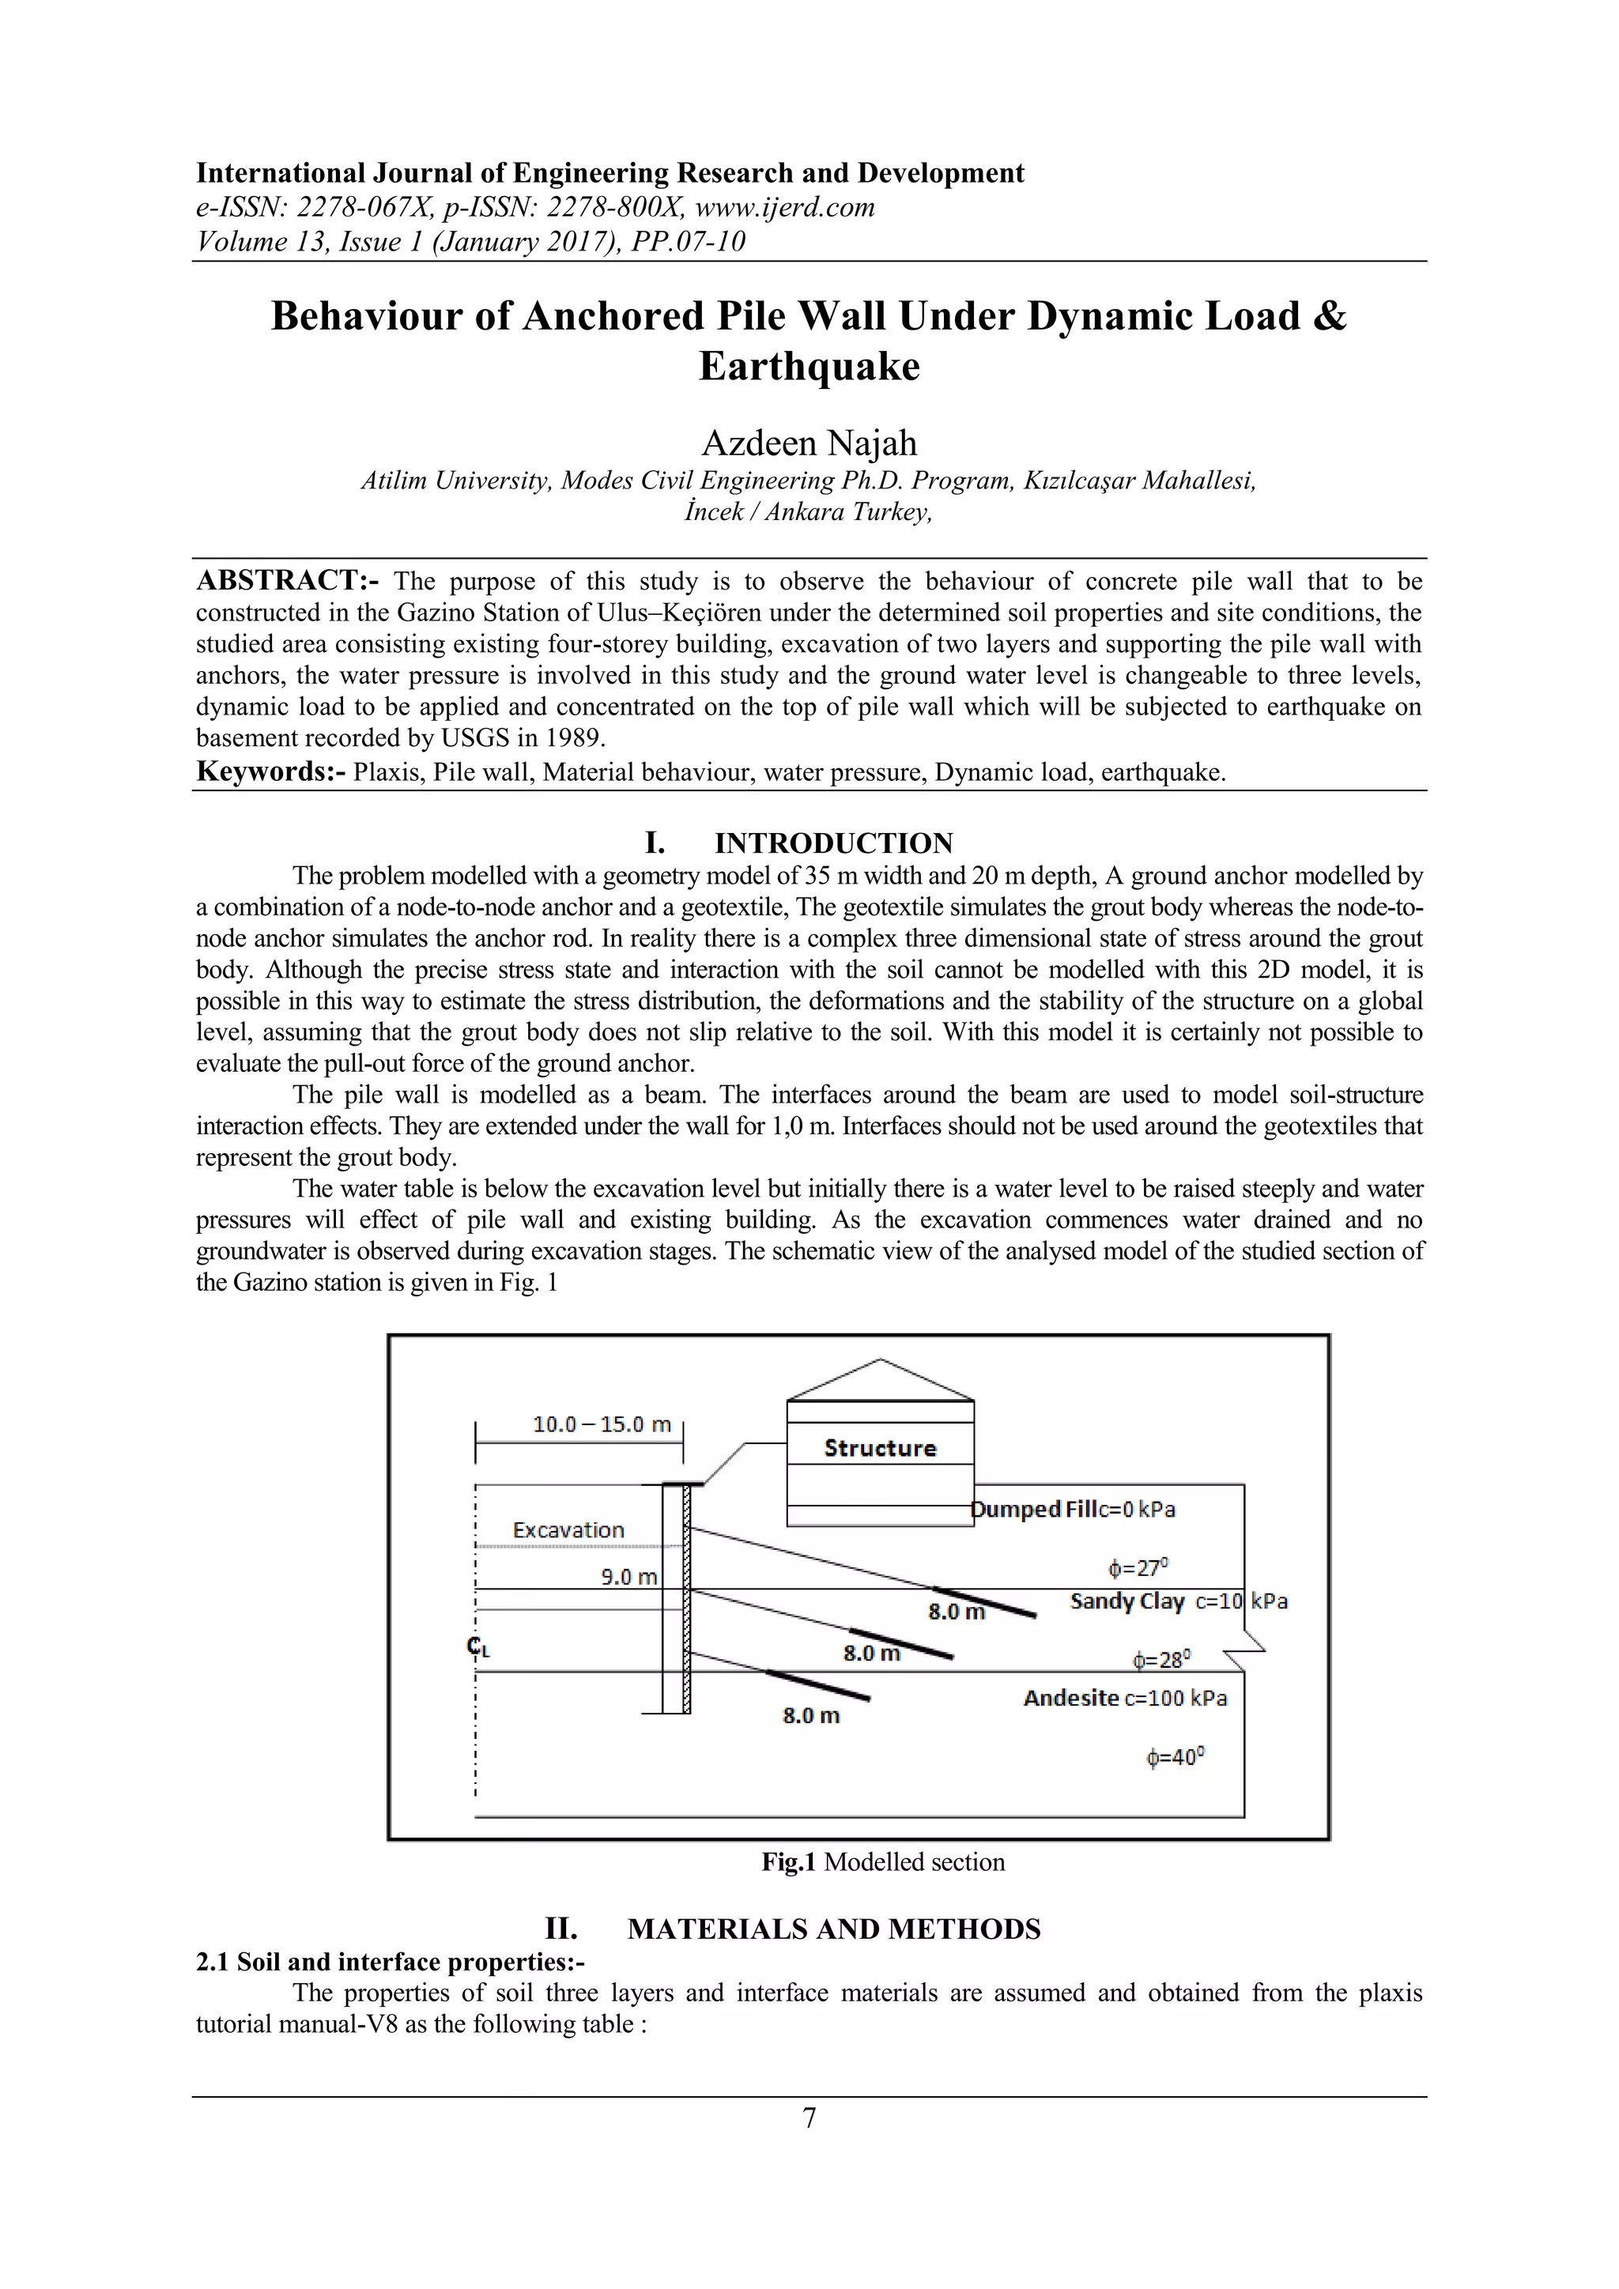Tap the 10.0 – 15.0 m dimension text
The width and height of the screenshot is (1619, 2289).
pos(602,1424)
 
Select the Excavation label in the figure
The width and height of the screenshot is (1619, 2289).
pos(568,1530)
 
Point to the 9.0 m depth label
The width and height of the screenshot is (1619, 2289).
pos(629,1577)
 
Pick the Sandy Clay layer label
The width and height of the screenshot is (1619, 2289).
pos(1127,1601)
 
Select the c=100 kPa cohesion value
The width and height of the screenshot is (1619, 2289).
pos(1176,1699)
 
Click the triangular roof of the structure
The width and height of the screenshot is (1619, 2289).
pos(881,1380)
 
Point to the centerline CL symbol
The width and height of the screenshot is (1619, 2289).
pos(478,1647)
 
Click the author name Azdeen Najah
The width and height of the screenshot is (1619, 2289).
pos(809,443)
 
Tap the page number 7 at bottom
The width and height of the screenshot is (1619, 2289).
pos(809,2117)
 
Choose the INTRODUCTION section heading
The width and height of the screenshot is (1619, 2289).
pos(833,843)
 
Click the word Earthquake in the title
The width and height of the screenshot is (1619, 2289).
pos(809,366)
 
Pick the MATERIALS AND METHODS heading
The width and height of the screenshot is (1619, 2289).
pos(833,1929)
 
